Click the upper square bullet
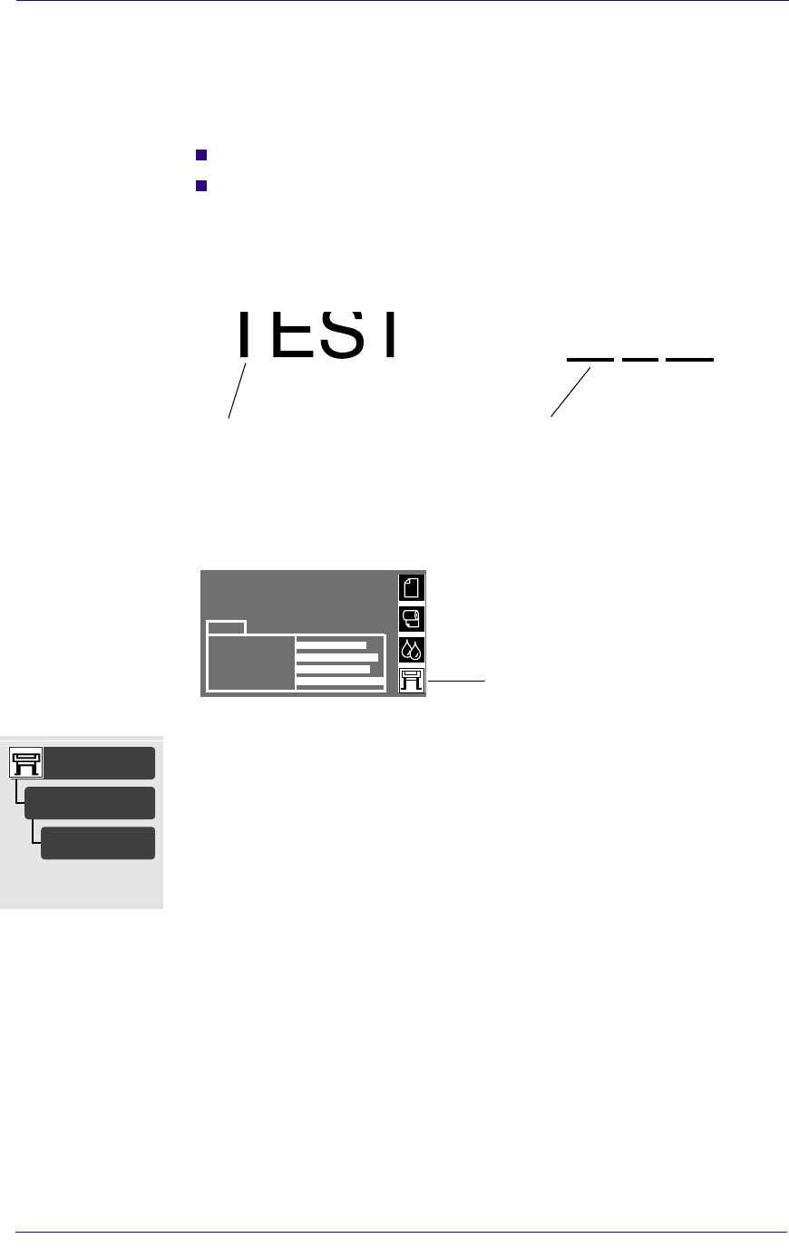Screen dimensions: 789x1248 (201, 154)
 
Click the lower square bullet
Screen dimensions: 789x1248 (201, 187)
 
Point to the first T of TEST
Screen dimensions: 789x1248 (242, 334)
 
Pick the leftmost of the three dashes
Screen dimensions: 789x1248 (590, 360)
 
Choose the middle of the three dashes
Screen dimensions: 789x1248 (640, 360)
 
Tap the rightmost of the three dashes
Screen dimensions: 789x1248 (689, 360)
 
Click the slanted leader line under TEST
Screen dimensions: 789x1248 (238, 390)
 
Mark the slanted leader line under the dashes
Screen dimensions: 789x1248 (570, 392)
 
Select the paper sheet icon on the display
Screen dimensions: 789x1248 (412, 588)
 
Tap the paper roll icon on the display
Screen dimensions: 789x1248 (412, 619)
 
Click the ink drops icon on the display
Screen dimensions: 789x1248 (412, 650)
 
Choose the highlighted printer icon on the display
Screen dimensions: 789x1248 (412, 681)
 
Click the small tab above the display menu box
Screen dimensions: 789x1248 (227, 626)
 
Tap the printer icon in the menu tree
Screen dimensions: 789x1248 (26, 763)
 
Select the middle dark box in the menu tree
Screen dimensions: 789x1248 (90, 803)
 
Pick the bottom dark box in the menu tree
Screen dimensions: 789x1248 (98, 843)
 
